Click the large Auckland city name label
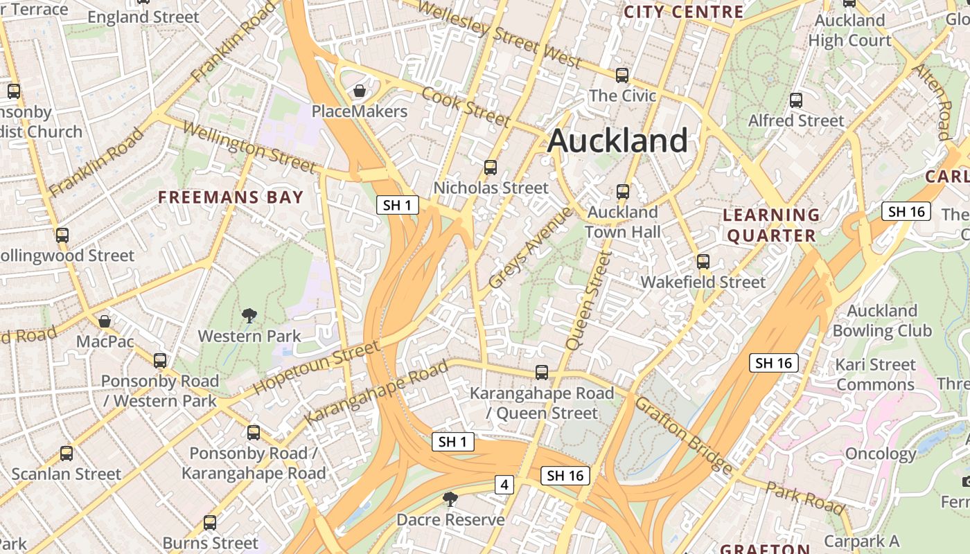point(617,141)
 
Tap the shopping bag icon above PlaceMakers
point(360,91)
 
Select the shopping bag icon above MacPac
point(104,321)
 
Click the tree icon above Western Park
point(249,316)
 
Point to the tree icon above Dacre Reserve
point(450,499)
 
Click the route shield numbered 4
point(504,485)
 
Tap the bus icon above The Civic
point(622,75)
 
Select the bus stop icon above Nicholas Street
point(491,167)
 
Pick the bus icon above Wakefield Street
point(703,261)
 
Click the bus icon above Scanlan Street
point(67,454)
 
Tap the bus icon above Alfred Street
point(796,100)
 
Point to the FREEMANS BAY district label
point(231,197)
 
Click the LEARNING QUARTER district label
point(771,225)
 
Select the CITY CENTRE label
point(683,12)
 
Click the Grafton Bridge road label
point(683,435)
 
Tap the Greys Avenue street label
point(531,248)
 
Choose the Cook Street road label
point(466,107)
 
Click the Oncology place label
point(881,454)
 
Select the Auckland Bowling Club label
point(882,321)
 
